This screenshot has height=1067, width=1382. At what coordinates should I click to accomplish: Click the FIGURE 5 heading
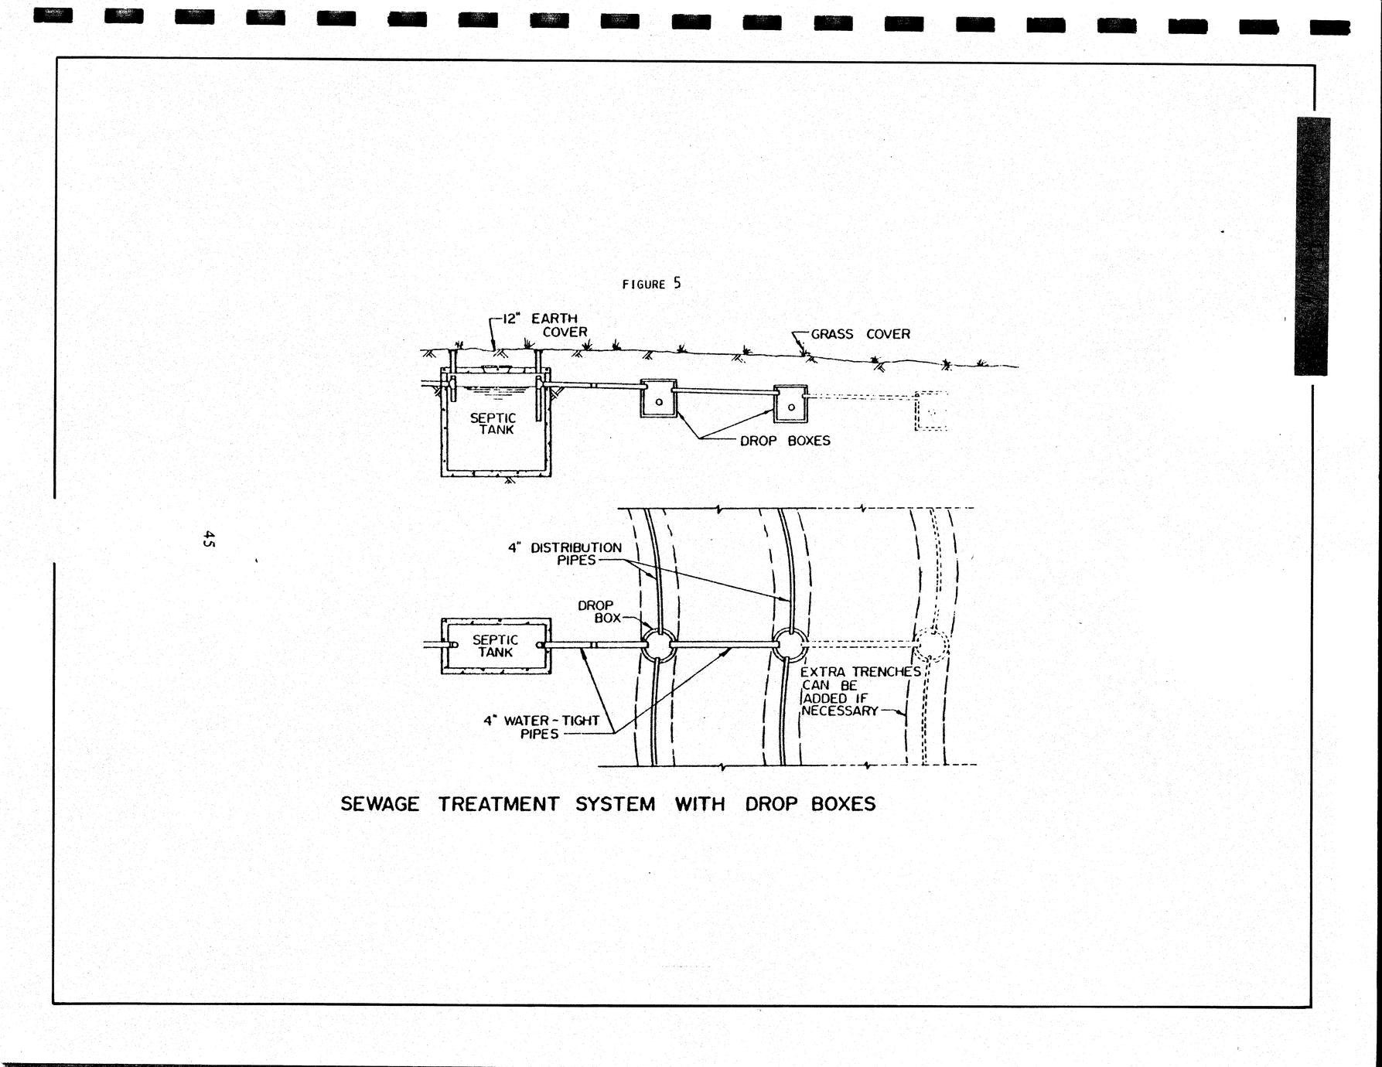[x=652, y=284]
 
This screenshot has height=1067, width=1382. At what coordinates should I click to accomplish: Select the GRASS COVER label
[x=861, y=334]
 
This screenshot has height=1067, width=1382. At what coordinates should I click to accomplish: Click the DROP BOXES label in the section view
[x=785, y=441]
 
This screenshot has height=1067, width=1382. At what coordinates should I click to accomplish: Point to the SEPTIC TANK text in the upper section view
[x=493, y=424]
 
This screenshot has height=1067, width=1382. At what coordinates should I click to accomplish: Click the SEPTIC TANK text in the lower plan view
[x=495, y=646]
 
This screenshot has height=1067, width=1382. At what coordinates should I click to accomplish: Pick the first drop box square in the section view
[x=658, y=398]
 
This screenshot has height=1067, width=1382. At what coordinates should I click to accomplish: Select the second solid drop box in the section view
[x=790, y=404]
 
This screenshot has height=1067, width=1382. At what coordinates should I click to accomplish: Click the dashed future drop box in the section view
[x=931, y=411]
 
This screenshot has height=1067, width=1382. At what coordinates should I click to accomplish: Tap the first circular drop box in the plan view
[x=659, y=644]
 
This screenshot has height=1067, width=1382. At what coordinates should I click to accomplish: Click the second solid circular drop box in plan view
[x=790, y=644]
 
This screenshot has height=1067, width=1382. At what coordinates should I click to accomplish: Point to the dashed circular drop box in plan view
[x=932, y=645]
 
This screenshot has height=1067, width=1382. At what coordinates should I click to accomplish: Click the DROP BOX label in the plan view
[x=599, y=612]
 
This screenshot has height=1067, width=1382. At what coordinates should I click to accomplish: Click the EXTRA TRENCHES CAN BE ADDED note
[x=861, y=691]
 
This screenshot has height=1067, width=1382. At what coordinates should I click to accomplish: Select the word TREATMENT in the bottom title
[x=498, y=804]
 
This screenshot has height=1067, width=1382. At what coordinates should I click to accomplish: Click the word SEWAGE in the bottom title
[x=380, y=804]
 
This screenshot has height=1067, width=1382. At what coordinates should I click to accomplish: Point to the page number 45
[x=208, y=539]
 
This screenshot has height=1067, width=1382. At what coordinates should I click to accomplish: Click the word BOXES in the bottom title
[x=843, y=804]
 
